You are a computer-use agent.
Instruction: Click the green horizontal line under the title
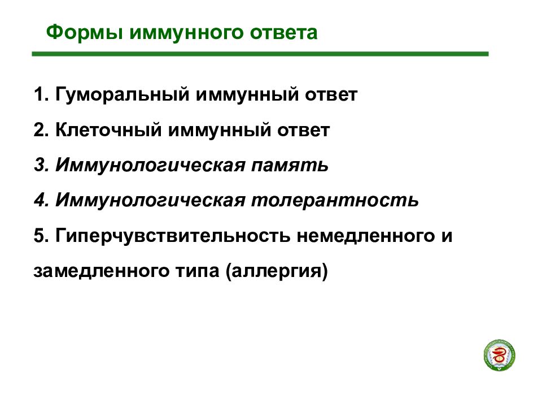260,54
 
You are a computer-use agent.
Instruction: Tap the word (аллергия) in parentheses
277,272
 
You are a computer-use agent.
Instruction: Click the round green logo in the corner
500,356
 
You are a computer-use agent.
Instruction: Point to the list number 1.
40,95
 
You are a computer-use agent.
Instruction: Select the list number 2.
40,131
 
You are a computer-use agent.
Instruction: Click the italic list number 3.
40,166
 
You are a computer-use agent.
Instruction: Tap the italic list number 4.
40,201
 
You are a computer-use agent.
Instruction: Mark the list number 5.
40,236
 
